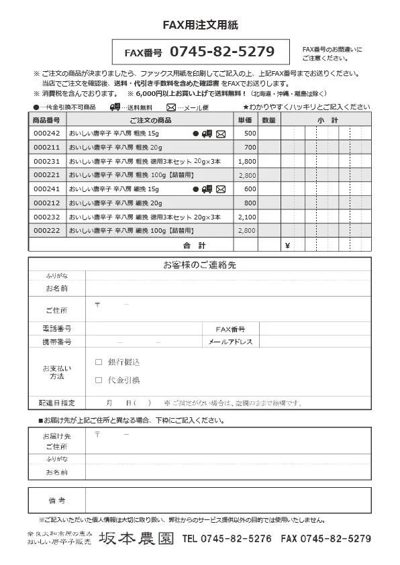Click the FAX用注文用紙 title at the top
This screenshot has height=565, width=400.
pyautogui.click(x=200, y=25)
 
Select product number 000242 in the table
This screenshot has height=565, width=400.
pyautogui.click(x=47, y=134)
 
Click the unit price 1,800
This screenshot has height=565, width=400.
pyautogui.click(x=247, y=162)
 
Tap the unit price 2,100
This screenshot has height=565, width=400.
pyautogui.click(x=247, y=217)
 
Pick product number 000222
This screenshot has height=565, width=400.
pyautogui.click(x=47, y=231)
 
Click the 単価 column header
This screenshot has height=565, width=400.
pyautogui.click(x=245, y=120)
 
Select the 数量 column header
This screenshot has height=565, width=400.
pyautogui.click(x=268, y=120)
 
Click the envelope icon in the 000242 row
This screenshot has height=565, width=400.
pyautogui.click(x=221, y=134)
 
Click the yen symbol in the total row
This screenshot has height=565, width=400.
pyautogui.click(x=287, y=245)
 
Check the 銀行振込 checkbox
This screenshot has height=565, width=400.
pyautogui.click(x=99, y=362)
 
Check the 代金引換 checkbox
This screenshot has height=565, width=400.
pyautogui.click(x=99, y=380)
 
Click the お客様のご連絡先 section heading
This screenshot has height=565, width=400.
pyautogui.click(x=200, y=265)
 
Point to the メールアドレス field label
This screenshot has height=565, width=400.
pyautogui.click(x=230, y=342)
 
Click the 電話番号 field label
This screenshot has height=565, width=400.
pyautogui.click(x=57, y=329)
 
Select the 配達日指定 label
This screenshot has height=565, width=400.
pyautogui.click(x=57, y=403)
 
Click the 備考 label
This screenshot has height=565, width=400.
pyautogui.click(x=57, y=501)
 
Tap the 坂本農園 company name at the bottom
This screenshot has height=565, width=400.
pyautogui.click(x=137, y=538)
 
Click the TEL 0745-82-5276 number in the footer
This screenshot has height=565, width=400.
pyautogui.click(x=227, y=538)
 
